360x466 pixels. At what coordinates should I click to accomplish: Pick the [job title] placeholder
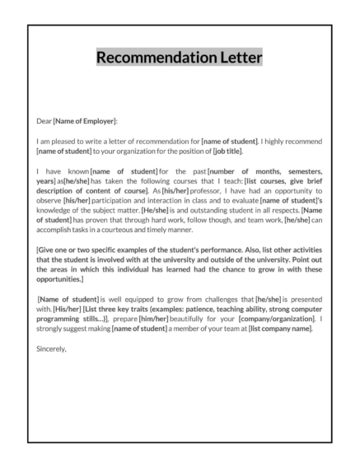[x=227, y=151]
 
